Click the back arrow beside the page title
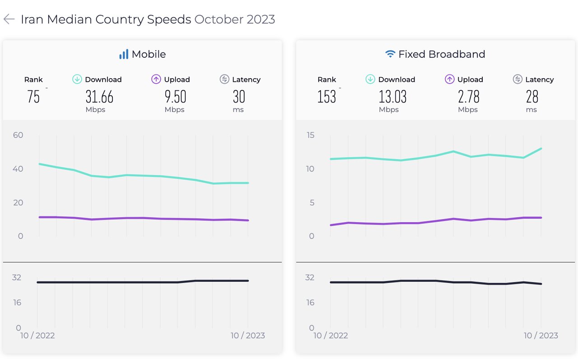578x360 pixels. click(x=9, y=19)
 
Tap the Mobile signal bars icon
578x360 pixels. click(x=123, y=54)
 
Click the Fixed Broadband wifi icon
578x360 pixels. click(x=390, y=54)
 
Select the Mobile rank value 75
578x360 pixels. click(x=33, y=97)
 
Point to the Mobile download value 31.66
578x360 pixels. click(x=99, y=97)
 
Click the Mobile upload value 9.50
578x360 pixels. click(x=175, y=97)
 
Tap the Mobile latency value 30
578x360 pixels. click(x=239, y=97)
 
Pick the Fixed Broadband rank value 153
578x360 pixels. click(x=326, y=97)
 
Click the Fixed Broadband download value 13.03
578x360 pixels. click(x=392, y=97)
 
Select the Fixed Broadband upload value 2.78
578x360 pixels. click(x=468, y=97)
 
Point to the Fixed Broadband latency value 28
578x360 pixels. click(x=532, y=97)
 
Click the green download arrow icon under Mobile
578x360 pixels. click(x=77, y=79)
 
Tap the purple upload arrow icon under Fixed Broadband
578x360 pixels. click(x=449, y=79)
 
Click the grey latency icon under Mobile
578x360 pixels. click(x=224, y=79)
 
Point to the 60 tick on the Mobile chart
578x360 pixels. click(x=18, y=135)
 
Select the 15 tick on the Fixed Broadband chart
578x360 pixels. click(x=311, y=135)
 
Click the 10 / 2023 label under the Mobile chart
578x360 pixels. click(x=247, y=336)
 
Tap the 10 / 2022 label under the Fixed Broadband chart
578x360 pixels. click(x=331, y=336)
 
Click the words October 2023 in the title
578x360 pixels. click(x=234, y=19)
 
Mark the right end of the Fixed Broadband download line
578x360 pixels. click(x=541, y=149)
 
